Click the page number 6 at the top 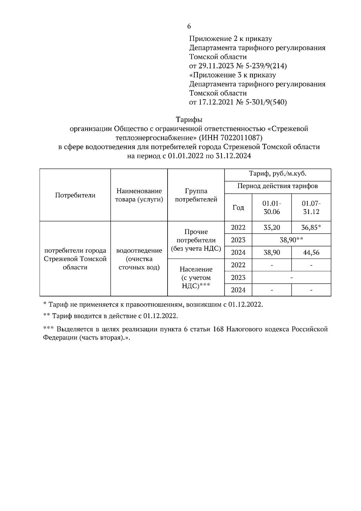pos(189,26)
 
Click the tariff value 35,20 pos(272,228)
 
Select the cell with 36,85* pos(311,228)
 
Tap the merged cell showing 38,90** pos(291,240)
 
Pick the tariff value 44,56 pos(311,252)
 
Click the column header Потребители pos(75,195)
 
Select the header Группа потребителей pos(196,195)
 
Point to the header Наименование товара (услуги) pos(139,195)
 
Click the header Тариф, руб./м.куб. pos(278,174)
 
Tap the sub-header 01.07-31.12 pos(311,207)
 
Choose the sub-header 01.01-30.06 pos(272,207)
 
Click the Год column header pos(238,207)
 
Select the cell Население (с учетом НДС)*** pos(196,277)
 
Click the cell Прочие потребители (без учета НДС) pos(196,240)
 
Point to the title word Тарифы pos(189,120)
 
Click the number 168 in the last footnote pos(218,329)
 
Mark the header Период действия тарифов pos(278,186)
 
